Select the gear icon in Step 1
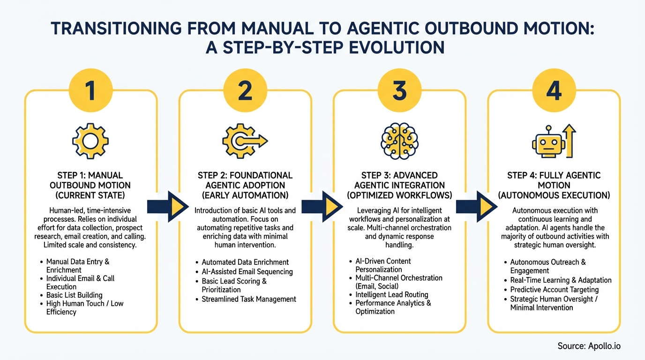click(x=90, y=140)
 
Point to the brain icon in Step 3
click(x=399, y=140)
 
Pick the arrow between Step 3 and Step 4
click(x=476, y=206)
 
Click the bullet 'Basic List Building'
click(x=74, y=295)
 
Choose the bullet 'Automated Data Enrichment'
click(x=245, y=262)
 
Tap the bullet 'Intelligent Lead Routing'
click(x=391, y=295)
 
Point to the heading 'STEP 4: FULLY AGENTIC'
click(x=554, y=175)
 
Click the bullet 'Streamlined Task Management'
click(x=248, y=299)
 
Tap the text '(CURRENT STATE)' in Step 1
click(x=90, y=195)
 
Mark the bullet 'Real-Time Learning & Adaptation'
click(x=561, y=280)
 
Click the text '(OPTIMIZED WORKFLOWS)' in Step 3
click(x=399, y=195)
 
